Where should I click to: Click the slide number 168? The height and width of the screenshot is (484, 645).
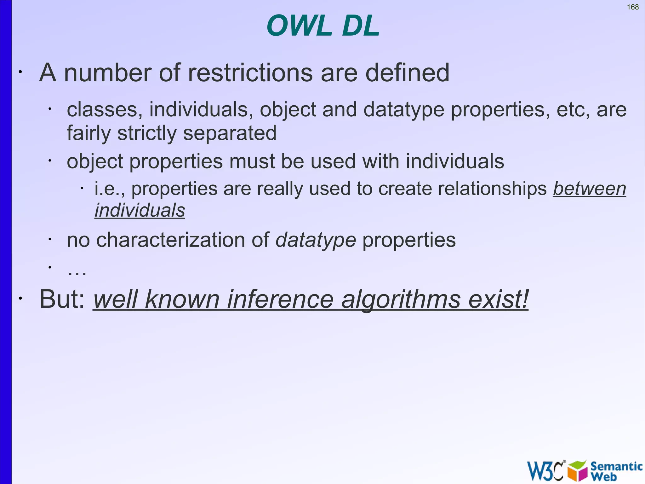click(633, 7)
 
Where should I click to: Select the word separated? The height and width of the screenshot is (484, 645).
click(230, 133)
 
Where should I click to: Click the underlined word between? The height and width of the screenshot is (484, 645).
click(589, 189)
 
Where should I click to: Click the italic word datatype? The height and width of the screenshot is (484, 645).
click(316, 240)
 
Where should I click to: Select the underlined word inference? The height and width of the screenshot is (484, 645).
click(280, 299)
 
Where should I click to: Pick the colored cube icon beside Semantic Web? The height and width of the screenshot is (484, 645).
click(577, 471)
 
